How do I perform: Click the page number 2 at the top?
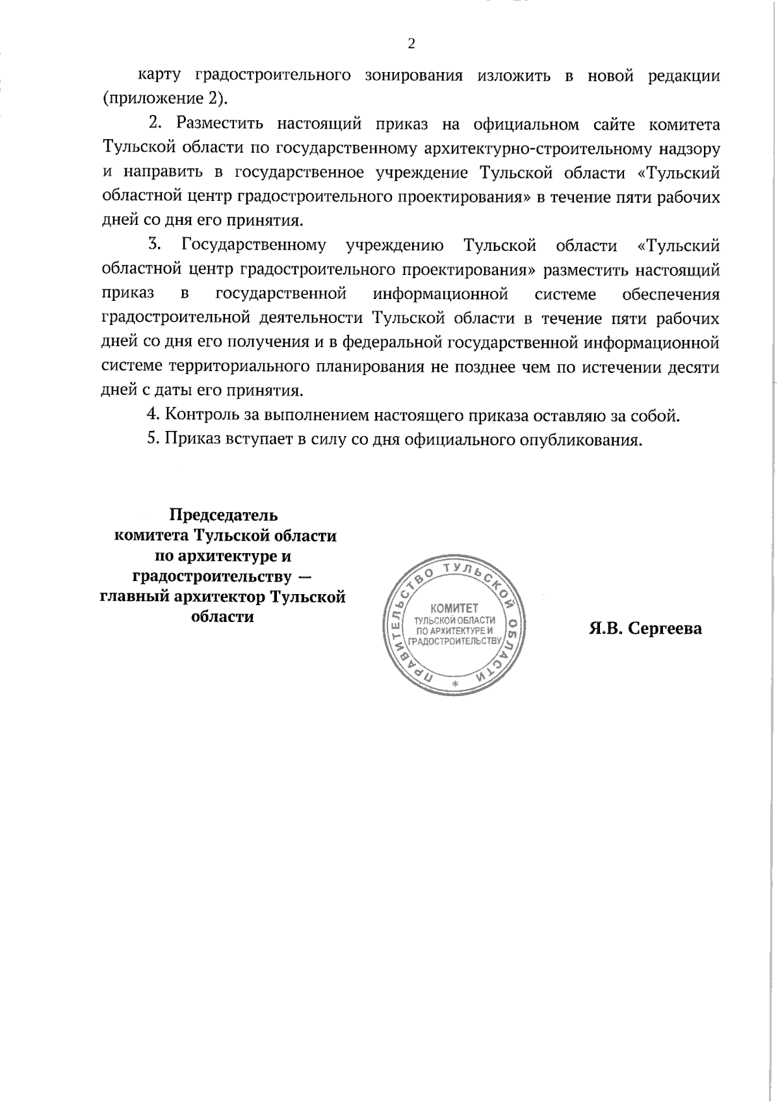[410, 44]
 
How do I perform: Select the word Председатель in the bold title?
[224, 515]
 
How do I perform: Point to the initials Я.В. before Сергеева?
[604, 629]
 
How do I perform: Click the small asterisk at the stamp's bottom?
[455, 685]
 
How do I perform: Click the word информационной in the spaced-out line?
[440, 294]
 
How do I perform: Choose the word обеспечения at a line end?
[671, 294]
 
